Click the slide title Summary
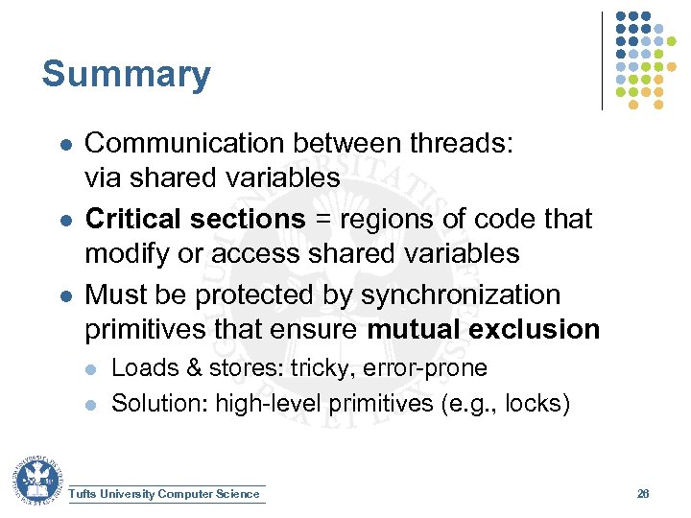pyautogui.click(x=126, y=74)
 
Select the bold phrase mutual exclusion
pyautogui.click(x=483, y=329)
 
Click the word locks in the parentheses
pyautogui.click(x=537, y=404)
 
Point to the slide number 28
pyautogui.click(x=643, y=494)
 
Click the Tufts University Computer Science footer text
pyautogui.click(x=165, y=494)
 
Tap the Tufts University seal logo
pyautogui.click(x=36, y=480)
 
